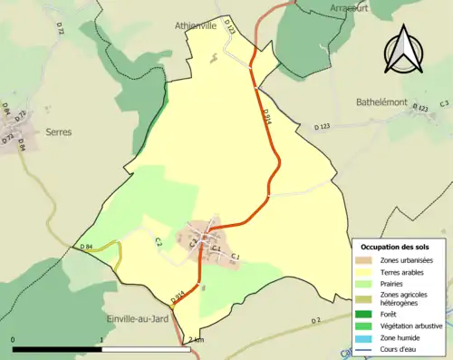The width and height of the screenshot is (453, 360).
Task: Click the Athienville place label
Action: (x=196, y=26)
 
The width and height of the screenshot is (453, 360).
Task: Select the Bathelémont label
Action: (x=381, y=103)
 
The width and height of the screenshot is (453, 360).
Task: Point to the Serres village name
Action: (x=58, y=131)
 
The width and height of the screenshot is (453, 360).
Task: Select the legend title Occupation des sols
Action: (x=397, y=248)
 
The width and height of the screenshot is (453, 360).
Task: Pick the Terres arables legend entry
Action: (x=407, y=271)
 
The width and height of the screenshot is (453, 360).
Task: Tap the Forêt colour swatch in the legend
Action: (x=368, y=314)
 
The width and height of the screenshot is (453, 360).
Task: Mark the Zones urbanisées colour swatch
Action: (x=368, y=260)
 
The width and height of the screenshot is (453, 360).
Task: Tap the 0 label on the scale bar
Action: (x=14, y=340)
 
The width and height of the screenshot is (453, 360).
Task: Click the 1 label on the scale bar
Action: (x=101, y=340)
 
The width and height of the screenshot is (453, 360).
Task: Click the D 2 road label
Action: (x=316, y=321)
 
